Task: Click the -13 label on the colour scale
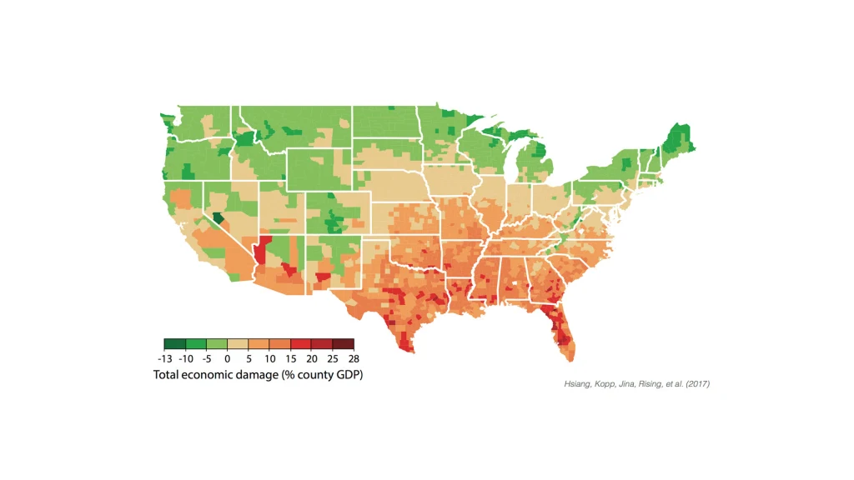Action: tap(164, 358)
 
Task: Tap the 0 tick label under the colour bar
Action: tap(226, 358)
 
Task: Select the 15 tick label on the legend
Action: tap(290, 358)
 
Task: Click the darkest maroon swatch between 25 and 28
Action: tap(343, 343)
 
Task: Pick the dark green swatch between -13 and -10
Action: tap(174, 343)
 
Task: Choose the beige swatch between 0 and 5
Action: tap(237, 343)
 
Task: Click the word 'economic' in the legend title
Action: tap(217, 375)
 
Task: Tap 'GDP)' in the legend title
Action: tap(348, 375)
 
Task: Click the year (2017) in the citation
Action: tap(696, 384)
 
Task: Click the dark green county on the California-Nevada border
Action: tap(218, 218)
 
